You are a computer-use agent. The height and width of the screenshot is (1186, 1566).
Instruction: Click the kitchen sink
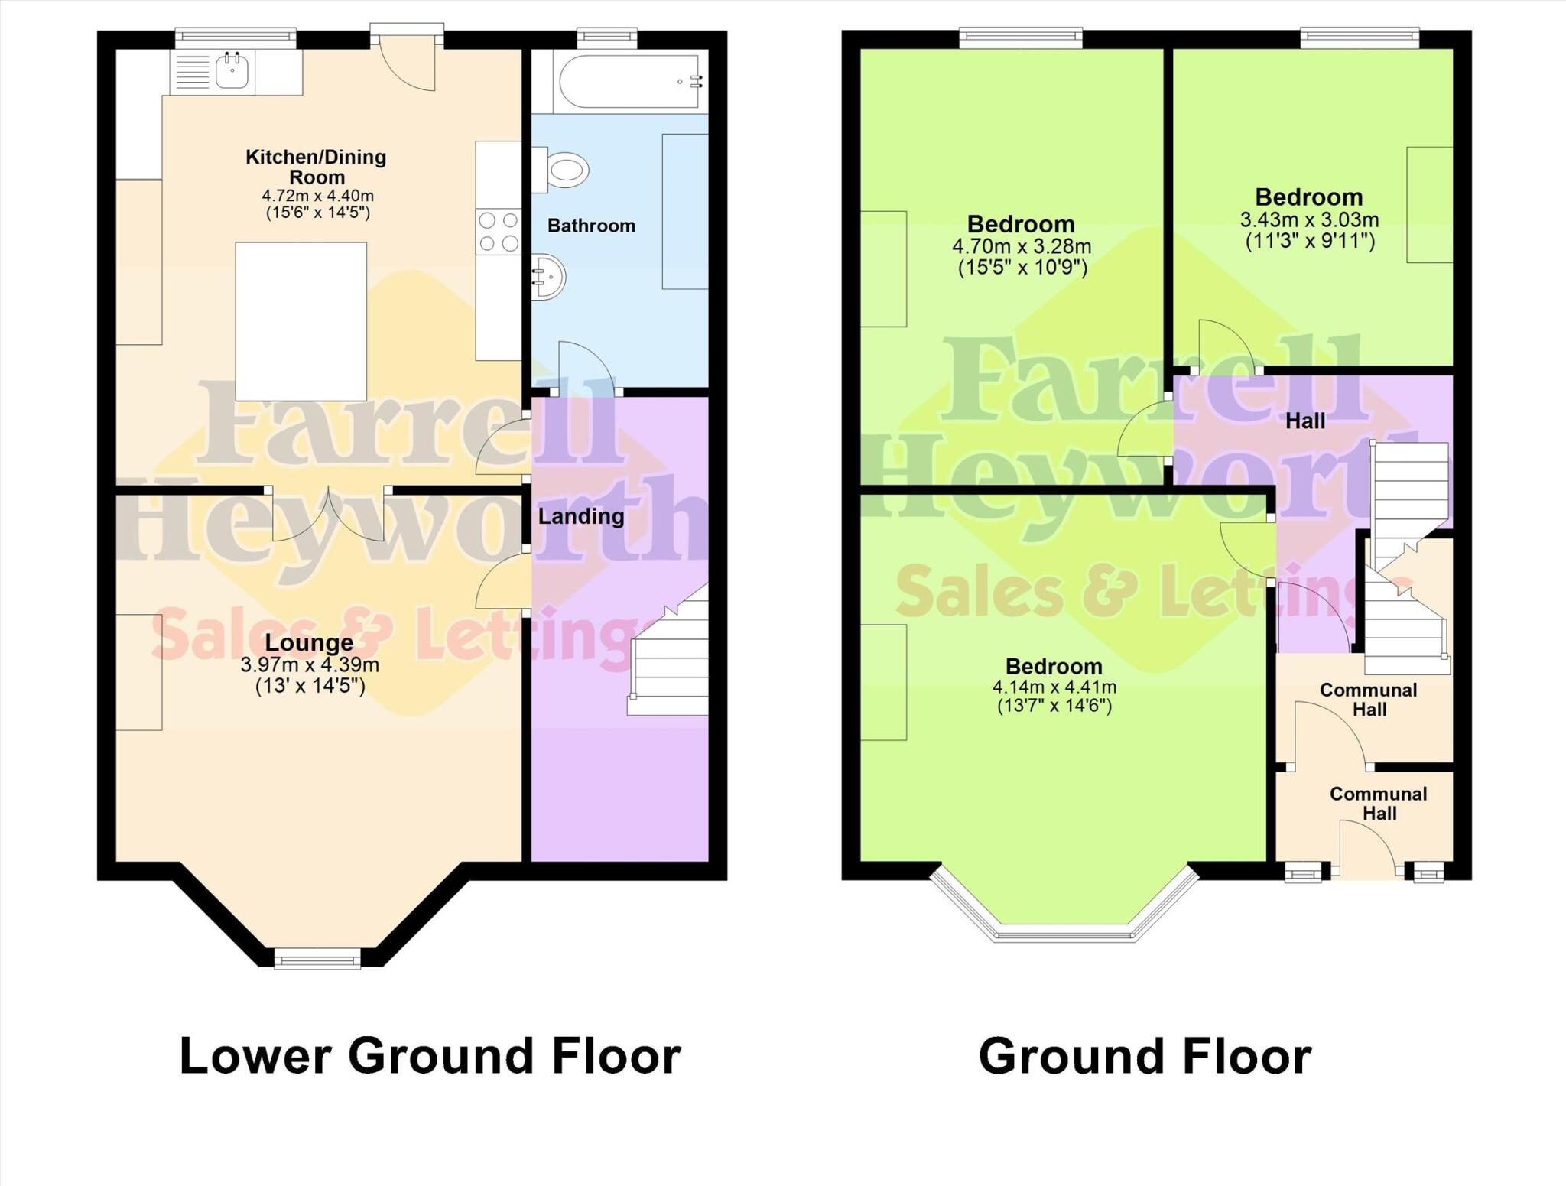232,71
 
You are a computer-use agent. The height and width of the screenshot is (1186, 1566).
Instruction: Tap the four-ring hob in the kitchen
498,232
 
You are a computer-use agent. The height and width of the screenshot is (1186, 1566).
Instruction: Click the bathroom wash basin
549,276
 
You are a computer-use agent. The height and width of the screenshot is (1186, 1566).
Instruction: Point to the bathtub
629,81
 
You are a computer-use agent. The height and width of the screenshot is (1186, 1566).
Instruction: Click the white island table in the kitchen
301,321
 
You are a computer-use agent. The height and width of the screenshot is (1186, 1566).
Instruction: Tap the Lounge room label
309,642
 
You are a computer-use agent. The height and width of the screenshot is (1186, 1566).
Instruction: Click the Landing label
581,516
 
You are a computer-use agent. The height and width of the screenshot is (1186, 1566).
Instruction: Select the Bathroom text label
591,226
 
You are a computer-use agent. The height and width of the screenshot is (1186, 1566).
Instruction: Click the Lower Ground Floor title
430,1056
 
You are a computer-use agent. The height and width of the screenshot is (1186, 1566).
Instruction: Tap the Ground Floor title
1145,1056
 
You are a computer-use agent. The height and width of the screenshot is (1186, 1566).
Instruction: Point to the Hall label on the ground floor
1305,421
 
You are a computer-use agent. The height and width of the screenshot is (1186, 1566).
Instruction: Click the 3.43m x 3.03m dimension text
1309,220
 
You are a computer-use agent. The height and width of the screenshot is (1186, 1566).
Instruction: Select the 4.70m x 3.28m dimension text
1022,247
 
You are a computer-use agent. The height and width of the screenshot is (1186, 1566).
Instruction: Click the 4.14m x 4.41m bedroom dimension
1054,687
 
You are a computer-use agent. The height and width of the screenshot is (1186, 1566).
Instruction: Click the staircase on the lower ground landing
670,658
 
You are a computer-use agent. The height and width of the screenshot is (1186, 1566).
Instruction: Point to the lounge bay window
317,957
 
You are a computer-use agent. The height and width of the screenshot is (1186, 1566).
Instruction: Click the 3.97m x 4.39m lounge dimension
310,665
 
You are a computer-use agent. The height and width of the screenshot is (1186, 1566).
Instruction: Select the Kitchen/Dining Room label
316,167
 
